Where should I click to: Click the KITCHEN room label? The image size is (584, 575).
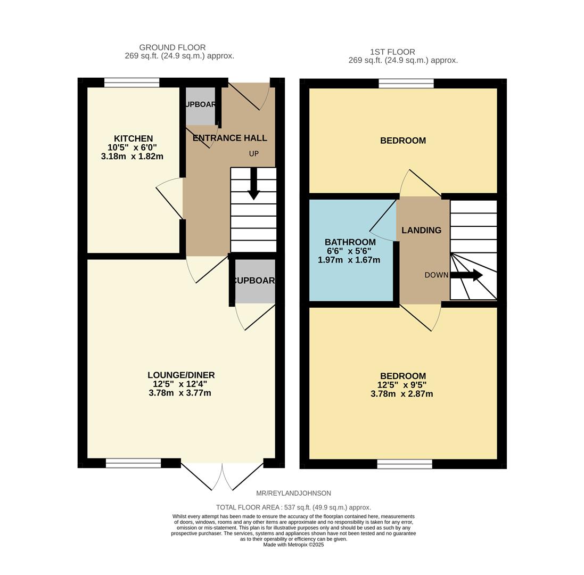133,138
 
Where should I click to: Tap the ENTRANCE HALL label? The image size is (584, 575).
229,138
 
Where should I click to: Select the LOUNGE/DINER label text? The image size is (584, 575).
181,375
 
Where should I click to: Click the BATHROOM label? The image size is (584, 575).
350,242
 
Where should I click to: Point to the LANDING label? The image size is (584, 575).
421,230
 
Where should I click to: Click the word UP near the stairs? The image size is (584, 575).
254,154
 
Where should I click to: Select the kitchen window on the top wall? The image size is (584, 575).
131,83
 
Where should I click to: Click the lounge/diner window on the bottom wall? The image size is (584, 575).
133,463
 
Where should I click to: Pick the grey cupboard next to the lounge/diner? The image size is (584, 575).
255,281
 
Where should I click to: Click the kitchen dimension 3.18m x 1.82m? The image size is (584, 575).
131,157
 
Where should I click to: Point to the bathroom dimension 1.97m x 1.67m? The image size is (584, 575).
349,260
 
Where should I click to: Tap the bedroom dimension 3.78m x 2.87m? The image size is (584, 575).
401,394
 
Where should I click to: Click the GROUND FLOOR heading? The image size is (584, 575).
172,47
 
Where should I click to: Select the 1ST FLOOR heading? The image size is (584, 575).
392,52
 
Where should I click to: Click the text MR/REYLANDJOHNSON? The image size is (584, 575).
293,494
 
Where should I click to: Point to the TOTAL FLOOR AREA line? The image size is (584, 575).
293,507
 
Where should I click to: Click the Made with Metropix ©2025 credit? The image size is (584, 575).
293,545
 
